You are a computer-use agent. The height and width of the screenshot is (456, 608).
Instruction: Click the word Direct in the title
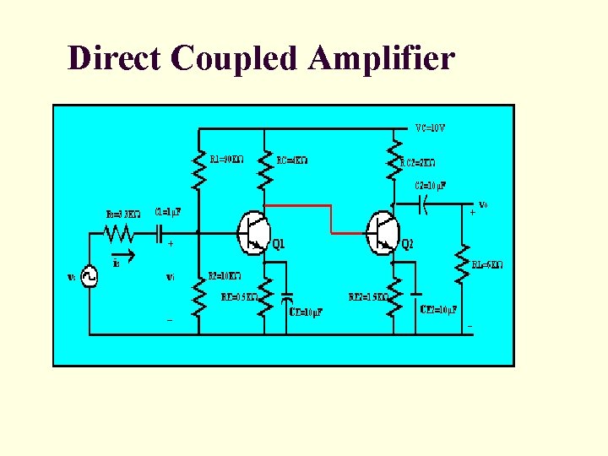tap(115, 58)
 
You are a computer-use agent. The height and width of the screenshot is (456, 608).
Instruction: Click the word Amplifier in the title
tap(382, 59)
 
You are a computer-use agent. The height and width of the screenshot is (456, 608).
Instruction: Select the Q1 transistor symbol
tap(252, 231)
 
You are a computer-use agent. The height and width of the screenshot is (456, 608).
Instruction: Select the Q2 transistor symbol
tap(383, 231)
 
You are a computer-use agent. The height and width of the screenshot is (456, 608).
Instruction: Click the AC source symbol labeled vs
tap(90, 278)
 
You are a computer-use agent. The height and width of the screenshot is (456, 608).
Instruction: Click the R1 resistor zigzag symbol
tap(199, 172)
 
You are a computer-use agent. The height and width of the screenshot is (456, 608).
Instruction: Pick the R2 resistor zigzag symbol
tap(199, 296)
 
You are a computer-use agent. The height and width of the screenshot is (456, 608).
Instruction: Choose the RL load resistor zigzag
tap(462, 263)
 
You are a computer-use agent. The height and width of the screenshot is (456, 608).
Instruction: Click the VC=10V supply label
tap(430, 129)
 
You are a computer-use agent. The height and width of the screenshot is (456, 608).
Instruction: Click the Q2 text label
tap(407, 246)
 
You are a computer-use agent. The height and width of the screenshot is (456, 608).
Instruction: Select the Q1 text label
tap(278, 246)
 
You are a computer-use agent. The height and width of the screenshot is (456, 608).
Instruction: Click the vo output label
tap(483, 204)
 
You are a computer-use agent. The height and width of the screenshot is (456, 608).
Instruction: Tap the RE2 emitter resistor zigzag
tap(393, 297)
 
